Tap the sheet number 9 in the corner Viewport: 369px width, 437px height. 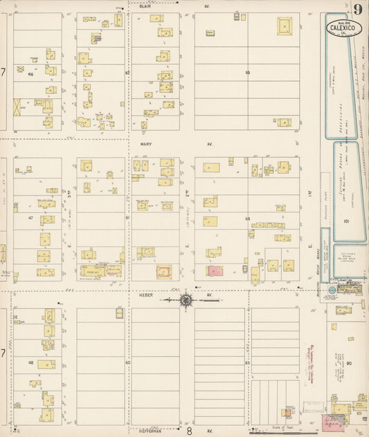pyautogui.click(x=357, y=9)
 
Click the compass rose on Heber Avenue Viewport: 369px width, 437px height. pyautogui.click(x=186, y=299)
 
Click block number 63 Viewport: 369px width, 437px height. pyautogui.click(x=247, y=72)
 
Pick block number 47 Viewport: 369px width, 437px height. pyautogui.click(x=30, y=218)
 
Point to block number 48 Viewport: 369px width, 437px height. pyautogui.click(x=30, y=362)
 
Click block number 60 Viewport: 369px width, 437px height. pyautogui.click(x=127, y=362)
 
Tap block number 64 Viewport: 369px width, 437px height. pyautogui.click(x=247, y=218)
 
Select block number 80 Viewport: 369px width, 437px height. pyautogui.click(x=349, y=362)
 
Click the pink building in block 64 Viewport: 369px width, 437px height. pyautogui.click(x=215, y=271)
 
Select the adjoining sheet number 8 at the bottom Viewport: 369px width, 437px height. pyautogui.click(x=188, y=431)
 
